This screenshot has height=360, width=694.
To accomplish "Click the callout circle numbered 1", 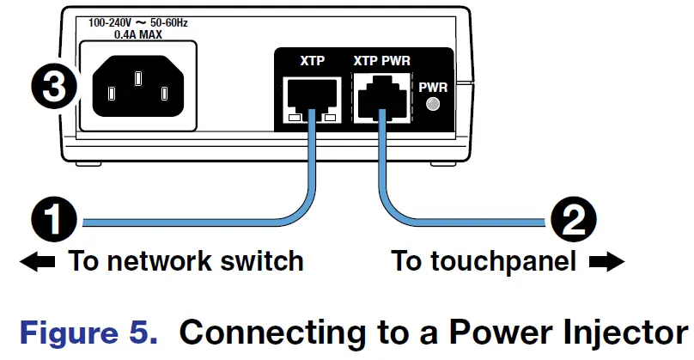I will point(53,222).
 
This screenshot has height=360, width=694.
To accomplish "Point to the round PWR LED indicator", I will point(434,106).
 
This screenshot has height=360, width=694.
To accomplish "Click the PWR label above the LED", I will point(433,87).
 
